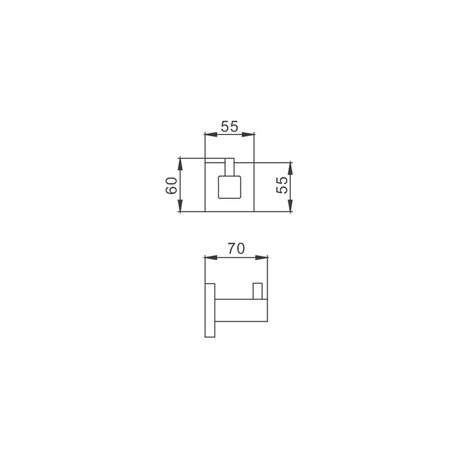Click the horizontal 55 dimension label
(229, 127)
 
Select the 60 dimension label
(171, 185)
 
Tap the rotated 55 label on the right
(282, 185)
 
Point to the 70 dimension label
(236, 249)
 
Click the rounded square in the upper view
(229, 186)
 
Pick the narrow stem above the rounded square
(229, 167)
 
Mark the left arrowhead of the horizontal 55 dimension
(211, 134)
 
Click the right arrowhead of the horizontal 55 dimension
(248, 134)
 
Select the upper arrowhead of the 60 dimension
(180, 164)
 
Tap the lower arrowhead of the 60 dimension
(180, 205)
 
